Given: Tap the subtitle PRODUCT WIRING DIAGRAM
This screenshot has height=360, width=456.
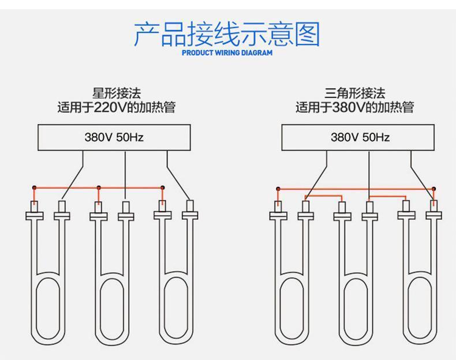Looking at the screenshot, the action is pos(227,54).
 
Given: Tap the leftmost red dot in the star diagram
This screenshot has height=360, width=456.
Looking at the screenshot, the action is pos(35,187).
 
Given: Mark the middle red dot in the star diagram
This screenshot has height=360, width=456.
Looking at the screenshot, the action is pos(99,187).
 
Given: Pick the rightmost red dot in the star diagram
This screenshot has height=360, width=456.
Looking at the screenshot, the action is pos(162,187).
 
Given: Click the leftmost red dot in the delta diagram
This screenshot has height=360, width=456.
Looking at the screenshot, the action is pos(278,188).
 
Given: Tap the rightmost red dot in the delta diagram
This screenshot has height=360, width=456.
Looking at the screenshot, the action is pos(433,188).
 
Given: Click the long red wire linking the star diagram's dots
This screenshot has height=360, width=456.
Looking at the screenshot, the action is pos(130,187).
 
